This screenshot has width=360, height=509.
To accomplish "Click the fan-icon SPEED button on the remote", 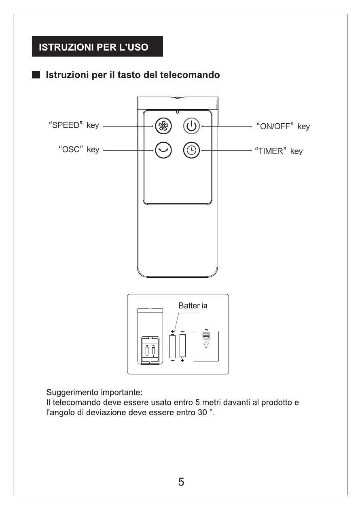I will [x=164, y=126].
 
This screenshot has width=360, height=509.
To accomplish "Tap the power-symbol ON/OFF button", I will [x=191, y=126].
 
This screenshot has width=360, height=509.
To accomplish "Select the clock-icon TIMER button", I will [x=191, y=150].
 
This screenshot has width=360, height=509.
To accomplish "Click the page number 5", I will [x=181, y=482].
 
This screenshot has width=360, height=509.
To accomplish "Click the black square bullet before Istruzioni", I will [x=36, y=75].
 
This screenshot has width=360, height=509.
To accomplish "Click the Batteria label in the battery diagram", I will [x=193, y=306].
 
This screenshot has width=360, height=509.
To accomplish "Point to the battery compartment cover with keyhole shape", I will [x=206, y=346].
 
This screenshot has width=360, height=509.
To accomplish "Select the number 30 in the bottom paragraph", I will [x=202, y=413].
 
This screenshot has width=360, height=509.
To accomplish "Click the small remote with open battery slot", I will [x=150, y=336].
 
